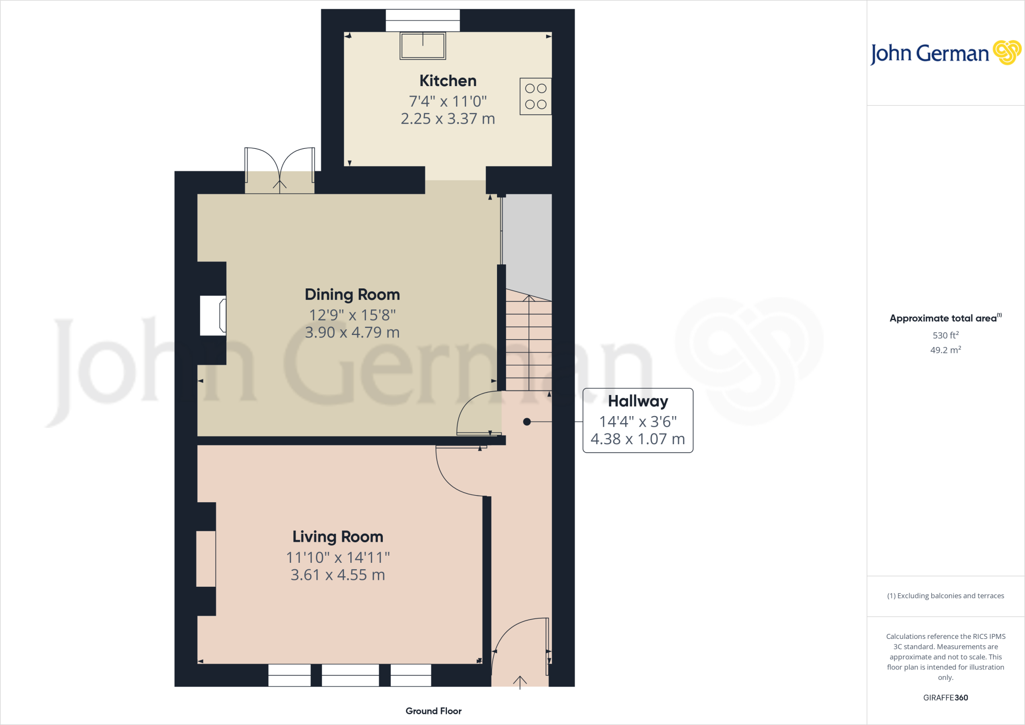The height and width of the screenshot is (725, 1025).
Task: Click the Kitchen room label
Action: [x=447, y=81]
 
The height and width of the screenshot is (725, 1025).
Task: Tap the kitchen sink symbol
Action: [x=423, y=46]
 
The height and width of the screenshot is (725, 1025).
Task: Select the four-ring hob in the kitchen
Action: [x=536, y=96]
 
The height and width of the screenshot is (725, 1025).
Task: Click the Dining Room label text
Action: [x=352, y=294]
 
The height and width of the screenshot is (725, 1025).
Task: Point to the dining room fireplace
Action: [x=213, y=315]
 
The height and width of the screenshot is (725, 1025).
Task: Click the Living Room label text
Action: [x=338, y=537]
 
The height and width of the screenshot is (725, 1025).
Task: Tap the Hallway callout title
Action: [x=638, y=401]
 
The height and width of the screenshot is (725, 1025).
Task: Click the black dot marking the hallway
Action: [x=527, y=422]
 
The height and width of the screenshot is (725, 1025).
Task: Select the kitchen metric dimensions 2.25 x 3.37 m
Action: [x=447, y=119]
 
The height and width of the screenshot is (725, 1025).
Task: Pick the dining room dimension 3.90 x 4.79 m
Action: [x=352, y=332]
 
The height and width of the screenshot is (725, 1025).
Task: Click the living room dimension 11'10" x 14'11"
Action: [x=338, y=557]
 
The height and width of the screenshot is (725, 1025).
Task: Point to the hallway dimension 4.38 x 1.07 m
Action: [x=638, y=439]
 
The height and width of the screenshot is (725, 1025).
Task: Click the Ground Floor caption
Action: [x=433, y=711]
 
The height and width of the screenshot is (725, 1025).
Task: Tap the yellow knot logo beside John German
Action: [x=1006, y=53]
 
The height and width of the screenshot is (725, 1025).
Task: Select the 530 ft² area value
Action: [x=945, y=335]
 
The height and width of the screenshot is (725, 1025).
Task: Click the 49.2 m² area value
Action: [x=945, y=350]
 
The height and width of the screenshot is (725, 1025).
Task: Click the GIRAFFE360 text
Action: [x=945, y=697]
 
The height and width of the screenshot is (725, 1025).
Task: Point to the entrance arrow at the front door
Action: [x=520, y=682]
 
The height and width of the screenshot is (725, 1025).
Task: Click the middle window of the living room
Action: [x=350, y=675]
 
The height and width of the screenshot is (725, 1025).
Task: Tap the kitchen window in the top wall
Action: [x=422, y=21]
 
